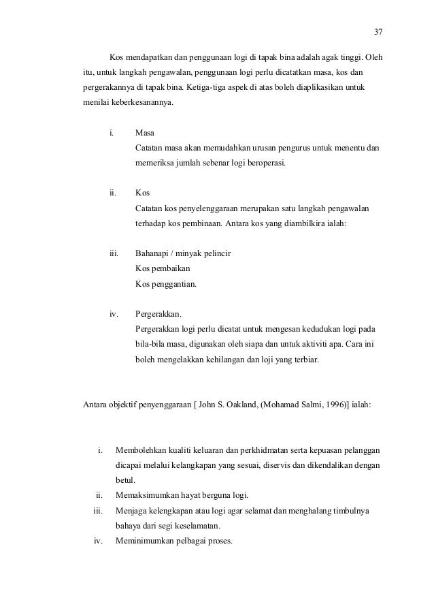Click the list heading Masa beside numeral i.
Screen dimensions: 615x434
(145, 132)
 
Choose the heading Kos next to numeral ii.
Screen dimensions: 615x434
(142, 193)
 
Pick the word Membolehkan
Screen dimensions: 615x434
(145, 450)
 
